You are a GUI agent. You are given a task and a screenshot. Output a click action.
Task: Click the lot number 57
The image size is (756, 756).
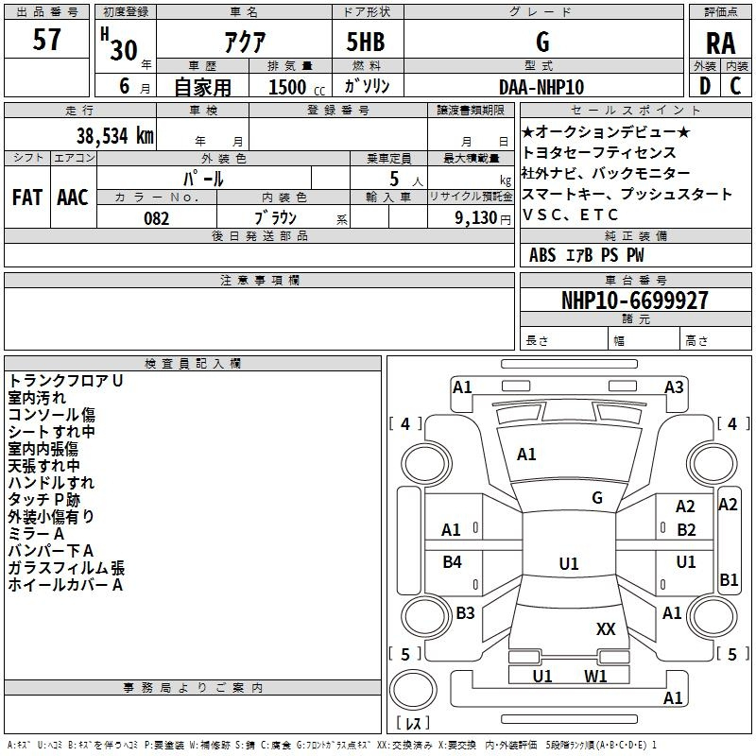(46, 39)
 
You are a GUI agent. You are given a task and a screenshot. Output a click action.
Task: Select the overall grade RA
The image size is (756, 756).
(720, 43)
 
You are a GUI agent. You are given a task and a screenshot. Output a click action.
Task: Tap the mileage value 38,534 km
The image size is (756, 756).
(114, 135)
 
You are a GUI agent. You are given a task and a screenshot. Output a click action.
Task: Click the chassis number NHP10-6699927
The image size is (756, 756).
(635, 300)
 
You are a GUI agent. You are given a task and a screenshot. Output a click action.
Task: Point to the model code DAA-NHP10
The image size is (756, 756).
(541, 87)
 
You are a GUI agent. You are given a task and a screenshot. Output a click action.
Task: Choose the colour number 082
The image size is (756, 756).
(157, 218)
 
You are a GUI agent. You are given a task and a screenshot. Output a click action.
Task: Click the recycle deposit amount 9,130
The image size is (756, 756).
(476, 218)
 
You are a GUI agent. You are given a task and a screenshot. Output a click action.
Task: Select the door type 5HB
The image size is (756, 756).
(366, 42)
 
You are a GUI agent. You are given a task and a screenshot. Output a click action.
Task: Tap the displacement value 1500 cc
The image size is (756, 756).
(297, 87)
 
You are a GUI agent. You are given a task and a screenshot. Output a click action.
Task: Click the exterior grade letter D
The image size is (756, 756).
(705, 86)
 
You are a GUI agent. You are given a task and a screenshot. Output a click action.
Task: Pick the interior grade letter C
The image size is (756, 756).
(735, 86)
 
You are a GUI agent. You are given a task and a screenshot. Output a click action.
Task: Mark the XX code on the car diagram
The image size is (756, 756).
(606, 629)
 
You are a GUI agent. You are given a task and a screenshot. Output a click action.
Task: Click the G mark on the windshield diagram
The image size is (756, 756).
(597, 498)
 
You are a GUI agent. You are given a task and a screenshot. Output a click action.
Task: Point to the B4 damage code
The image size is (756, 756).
(453, 561)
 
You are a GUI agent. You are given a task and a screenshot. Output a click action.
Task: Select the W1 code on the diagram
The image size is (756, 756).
(595, 676)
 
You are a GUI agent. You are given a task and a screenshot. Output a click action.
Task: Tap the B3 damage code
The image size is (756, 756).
(465, 612)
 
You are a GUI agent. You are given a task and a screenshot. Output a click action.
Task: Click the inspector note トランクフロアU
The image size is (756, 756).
(65, 381)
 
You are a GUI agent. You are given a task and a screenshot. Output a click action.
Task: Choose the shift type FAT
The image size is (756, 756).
(27, 198)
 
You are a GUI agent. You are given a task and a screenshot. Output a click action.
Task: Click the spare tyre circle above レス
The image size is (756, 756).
(413, 689)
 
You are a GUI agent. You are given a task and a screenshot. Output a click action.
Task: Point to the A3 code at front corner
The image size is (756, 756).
(674, 387)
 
